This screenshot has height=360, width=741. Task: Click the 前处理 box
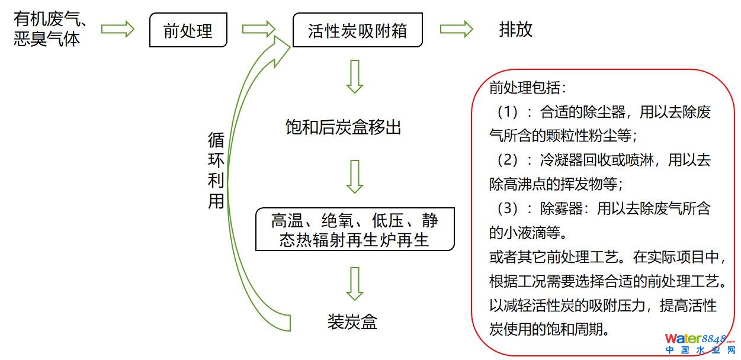point(187,31)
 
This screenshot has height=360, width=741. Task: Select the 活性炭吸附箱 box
point(357,31)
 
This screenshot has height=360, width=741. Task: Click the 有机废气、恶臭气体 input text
point(50,30)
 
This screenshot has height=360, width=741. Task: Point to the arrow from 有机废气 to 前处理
point(118,29)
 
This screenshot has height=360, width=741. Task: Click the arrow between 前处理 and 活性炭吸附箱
point(259,29)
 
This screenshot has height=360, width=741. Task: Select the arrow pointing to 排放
point(456,29)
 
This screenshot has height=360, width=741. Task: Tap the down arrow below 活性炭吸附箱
point(354,76)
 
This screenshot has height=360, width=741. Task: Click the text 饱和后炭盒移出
point(343,127)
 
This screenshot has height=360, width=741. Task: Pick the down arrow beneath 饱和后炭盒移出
point(354,176)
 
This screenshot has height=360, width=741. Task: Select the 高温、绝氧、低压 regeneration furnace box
point(355,229)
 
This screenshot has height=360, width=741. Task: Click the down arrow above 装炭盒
point(354,284)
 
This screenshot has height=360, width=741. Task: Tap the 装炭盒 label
point(352,322)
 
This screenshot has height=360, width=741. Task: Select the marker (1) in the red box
point(507,112)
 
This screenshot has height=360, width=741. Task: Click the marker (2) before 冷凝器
point(507,160)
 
